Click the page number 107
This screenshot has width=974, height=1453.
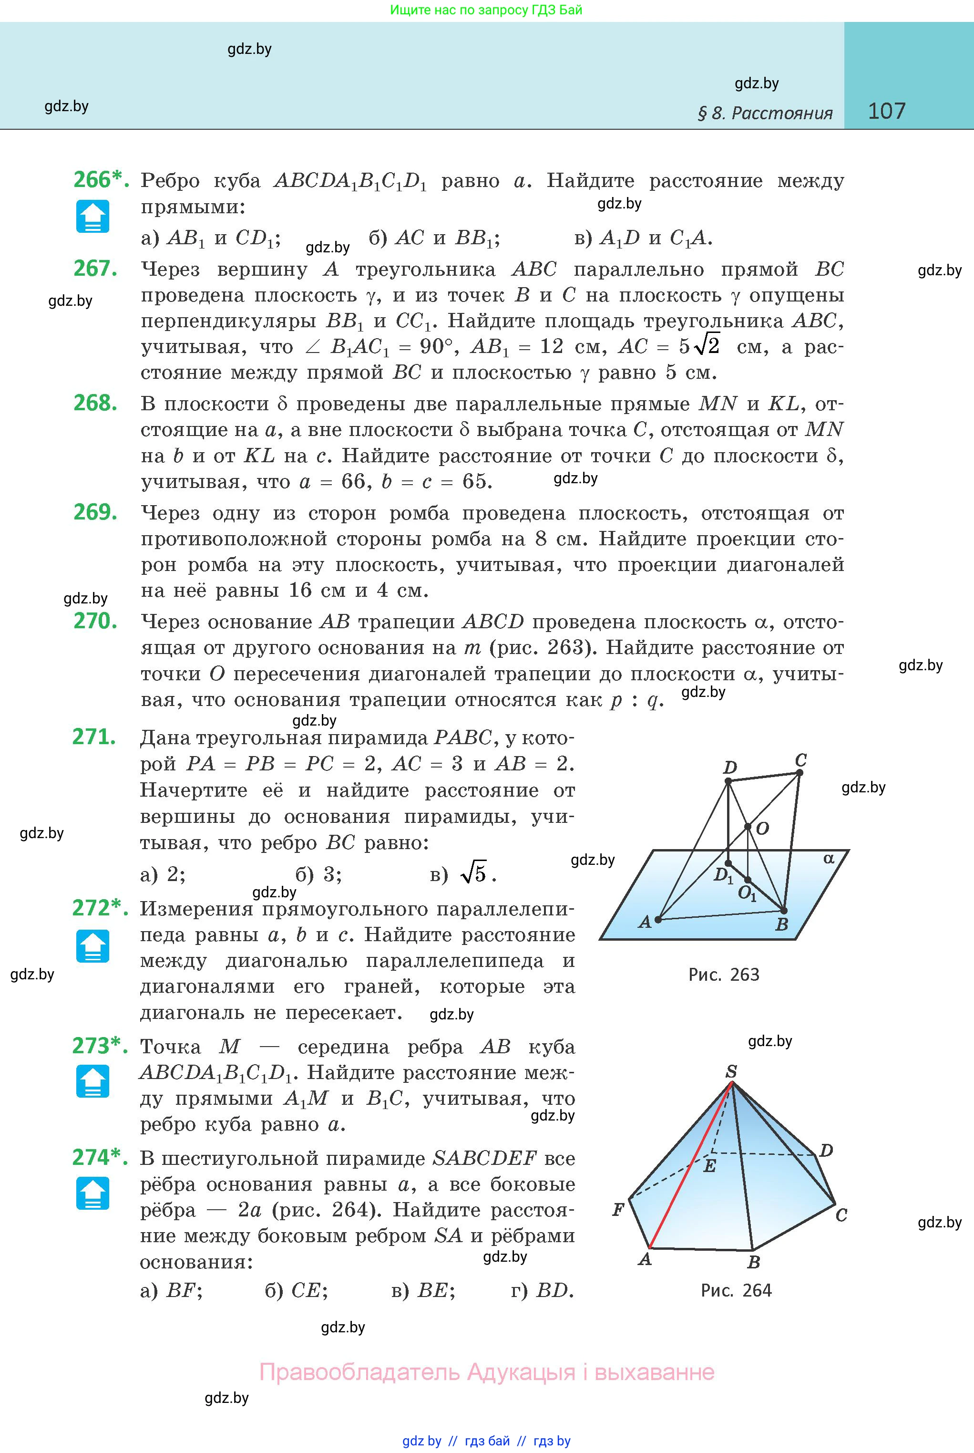886,111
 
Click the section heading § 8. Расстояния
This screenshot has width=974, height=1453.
765,113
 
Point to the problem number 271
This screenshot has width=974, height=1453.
94,737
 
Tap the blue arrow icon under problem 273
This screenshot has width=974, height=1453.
92,1081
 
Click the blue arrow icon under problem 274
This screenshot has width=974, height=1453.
92,1194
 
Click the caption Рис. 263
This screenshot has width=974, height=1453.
724,975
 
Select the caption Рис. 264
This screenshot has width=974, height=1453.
736,1291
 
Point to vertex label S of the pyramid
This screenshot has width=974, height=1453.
731,1071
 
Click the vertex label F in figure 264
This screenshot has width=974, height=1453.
617,1209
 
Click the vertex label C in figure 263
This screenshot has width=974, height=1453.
801,759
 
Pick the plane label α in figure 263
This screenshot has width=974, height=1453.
829,859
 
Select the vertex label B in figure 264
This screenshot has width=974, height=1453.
753,1262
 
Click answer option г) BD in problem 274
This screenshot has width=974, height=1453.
542,1291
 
